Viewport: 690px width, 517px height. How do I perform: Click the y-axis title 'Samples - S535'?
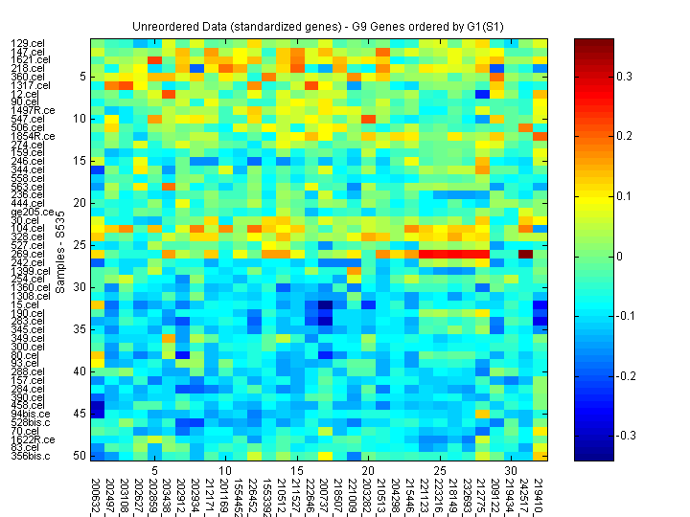[59, 248]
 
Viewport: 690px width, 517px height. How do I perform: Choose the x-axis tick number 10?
[224, 471]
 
